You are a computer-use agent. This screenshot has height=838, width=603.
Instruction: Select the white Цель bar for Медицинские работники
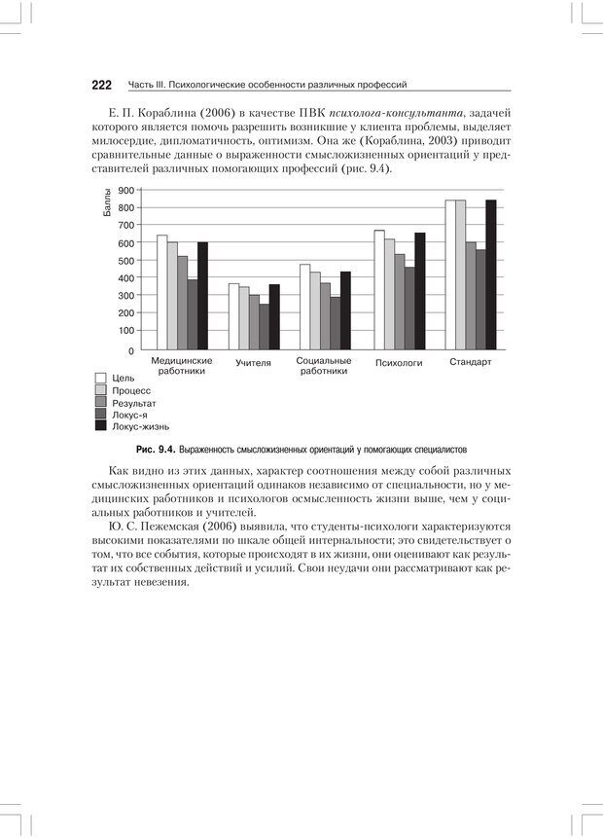click(x=162, y=292)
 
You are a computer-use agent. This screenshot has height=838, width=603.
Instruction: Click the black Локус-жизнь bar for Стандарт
click(x=491, y=274)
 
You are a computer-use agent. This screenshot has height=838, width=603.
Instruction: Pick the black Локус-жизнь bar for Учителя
click(x=274, y=316)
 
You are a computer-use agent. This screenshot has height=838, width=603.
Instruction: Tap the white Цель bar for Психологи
click(x=380, y=290)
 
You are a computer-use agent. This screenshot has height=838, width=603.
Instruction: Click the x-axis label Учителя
click(x=253, y=363)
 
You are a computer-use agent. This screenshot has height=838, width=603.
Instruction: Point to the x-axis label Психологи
click(x=399, y=363)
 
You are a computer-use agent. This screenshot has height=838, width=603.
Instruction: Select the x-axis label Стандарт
click(x=471, y=362)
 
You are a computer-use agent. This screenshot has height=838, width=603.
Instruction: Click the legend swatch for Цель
click(x=100, y=378)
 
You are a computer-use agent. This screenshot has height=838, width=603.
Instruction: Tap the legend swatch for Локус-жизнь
click(x=100, y=425)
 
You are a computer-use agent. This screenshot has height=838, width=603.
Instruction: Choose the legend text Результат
click(x=133, y=402)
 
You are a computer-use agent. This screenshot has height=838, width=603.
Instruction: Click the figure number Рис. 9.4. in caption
click(x=156, y=451)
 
